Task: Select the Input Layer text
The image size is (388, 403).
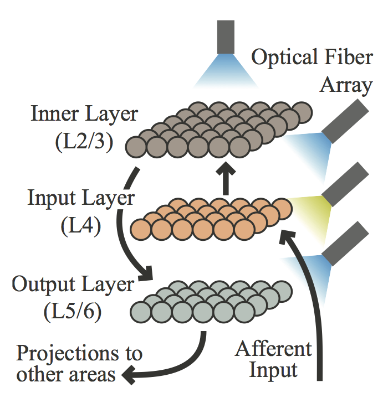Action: [81, 198]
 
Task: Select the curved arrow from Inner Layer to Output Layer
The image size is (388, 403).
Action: [126, 221]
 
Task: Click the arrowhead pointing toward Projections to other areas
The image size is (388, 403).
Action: [129, 375]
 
